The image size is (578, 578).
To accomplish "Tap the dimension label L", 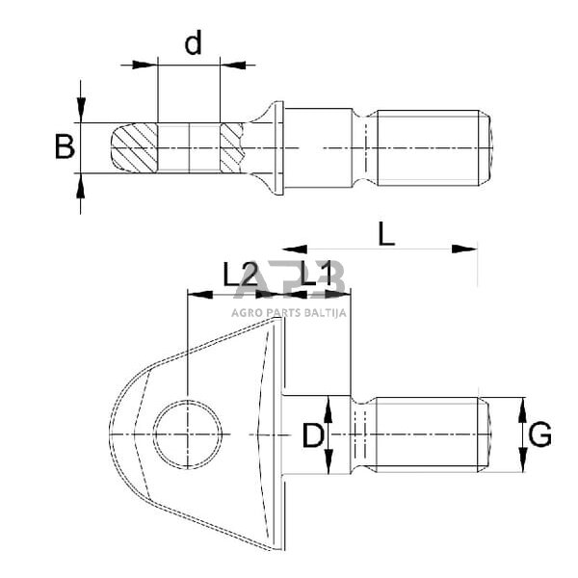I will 385,234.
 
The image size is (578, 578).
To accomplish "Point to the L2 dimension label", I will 240,276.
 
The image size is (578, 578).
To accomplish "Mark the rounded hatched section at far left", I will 132,147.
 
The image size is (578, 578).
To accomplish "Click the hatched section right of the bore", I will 233,147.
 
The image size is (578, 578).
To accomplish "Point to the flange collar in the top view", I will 279,146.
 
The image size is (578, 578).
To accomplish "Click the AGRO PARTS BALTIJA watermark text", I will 289,311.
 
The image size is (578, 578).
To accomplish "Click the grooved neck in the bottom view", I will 362,435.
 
